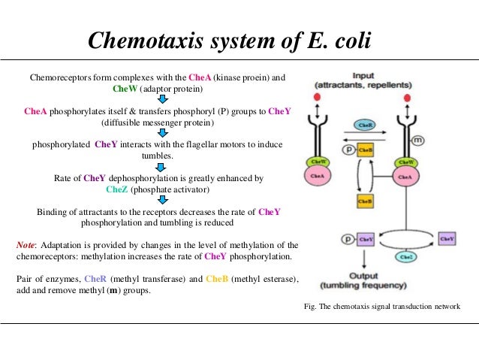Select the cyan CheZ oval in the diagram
click(407, 256)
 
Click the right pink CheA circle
click(406, 178)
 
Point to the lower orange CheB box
click(365, 201)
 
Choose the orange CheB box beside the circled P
click(366, 150)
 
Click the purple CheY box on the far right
click(446, 239)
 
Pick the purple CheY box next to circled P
click(366, 239)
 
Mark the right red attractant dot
click(408, 98)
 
